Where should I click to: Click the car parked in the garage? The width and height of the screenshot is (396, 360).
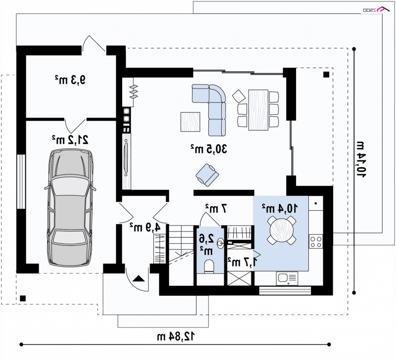pyautogui.click(x=70, y=207)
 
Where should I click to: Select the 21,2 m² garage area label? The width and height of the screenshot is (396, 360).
pyautogui.click(x=70, y=139)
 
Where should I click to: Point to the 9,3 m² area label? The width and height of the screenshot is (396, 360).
pyautogui.click(x=70, y=80)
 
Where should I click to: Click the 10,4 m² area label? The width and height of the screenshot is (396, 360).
pyautogui.click(x=280, y=208)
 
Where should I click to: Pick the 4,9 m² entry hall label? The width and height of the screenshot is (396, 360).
pyautogui.click(x=145, y=227)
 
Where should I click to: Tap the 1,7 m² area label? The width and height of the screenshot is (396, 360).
pyautogui.click(x=242, y=262)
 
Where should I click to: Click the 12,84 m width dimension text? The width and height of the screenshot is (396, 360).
pyautogui.click(x=176, y=336)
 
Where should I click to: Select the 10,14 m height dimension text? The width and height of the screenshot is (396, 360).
pyautogui.click(x=361, y=160)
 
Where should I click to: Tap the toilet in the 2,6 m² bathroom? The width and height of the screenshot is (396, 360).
pyautogui.click(x=209, y=266)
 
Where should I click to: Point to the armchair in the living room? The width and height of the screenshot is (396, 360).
pyautogui.click(x=207, y=175)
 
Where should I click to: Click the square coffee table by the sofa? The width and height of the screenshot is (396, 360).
pyautogui.click(x=191, y=122)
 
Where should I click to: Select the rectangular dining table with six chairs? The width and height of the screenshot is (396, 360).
pyautogui.click(x=258, y=110)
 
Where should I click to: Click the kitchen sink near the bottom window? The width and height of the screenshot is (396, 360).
pyautogui.click(x=287, y=278)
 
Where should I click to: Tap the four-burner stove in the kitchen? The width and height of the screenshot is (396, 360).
pyautogui.click(x=316, y=241)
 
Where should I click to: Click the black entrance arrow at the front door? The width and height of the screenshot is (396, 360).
pyautogui.click(x=138, y=278)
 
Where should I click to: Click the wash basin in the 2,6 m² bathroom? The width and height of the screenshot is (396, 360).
pyautogui.click(x=220, y=243)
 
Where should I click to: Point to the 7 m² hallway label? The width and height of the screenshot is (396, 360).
pyautogui.click(x=216, y=208)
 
